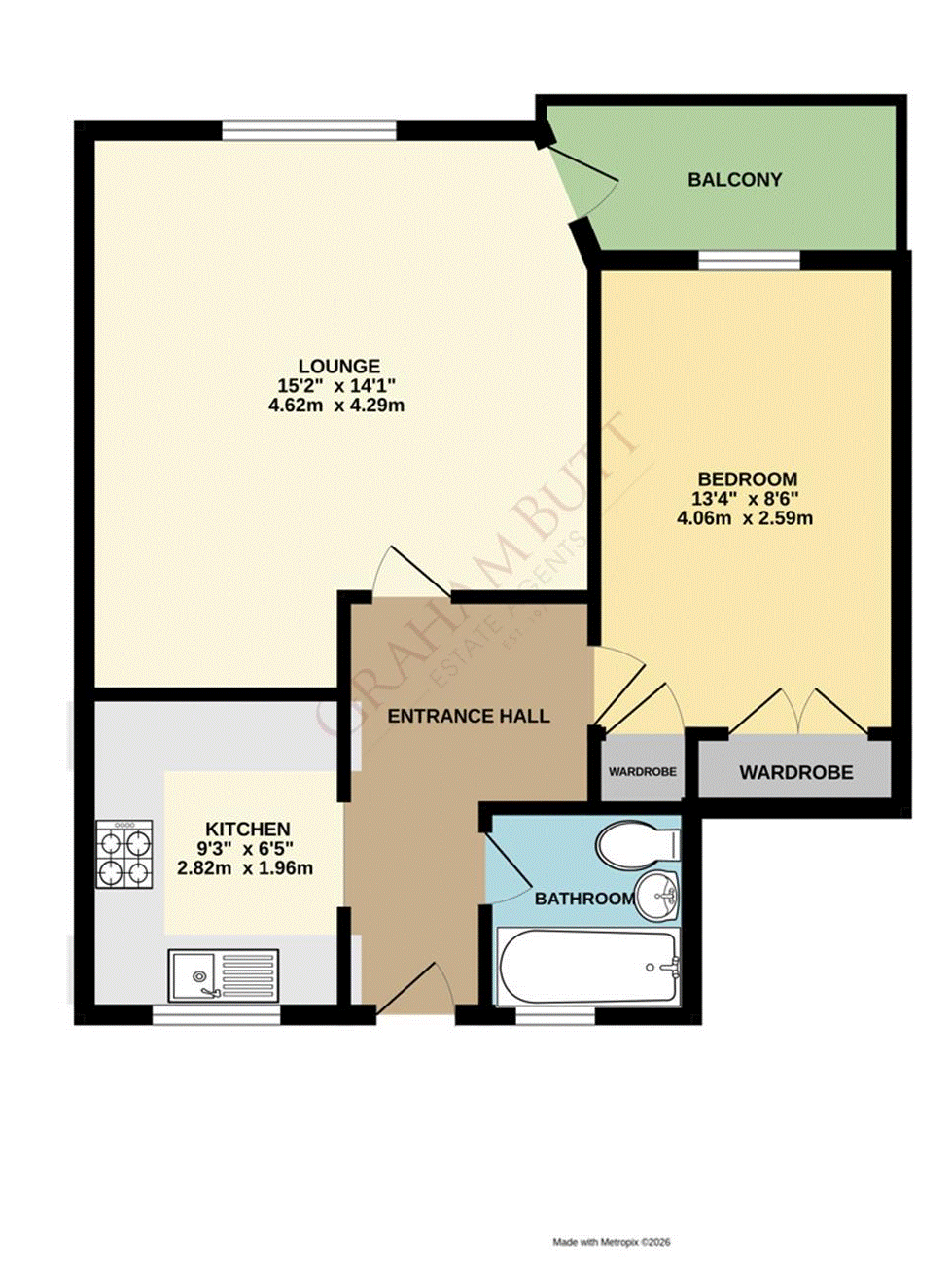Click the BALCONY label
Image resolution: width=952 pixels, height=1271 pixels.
[x=734, y=180]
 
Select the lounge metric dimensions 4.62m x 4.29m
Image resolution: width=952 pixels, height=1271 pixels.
[x=336, y=406]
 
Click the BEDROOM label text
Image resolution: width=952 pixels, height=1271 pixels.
[x=747, y=479]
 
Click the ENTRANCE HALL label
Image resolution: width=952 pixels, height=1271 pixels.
[x=468, y=717]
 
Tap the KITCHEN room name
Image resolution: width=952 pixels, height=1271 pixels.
[x=248, y=830]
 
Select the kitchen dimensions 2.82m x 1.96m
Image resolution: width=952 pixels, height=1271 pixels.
[x=245, y=868]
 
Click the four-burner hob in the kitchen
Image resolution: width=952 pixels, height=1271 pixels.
[x=124, y=855]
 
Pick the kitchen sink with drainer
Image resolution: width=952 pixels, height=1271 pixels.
[x=223, y=975]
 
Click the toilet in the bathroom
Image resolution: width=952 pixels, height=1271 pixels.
[x=637, y=845]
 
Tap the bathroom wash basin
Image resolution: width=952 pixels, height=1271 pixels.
[x=658, y=893]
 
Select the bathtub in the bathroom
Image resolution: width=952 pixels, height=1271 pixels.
[x=587, y=967]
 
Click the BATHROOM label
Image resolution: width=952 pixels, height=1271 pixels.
[x=583, y=900]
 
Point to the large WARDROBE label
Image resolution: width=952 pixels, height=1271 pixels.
[x=795, y=773]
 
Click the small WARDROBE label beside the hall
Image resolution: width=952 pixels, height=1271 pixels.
[x=642, y=772]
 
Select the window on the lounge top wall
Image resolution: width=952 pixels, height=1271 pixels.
[x=308, y=130]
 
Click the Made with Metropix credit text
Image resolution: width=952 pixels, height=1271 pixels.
[x=612, y=1242]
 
